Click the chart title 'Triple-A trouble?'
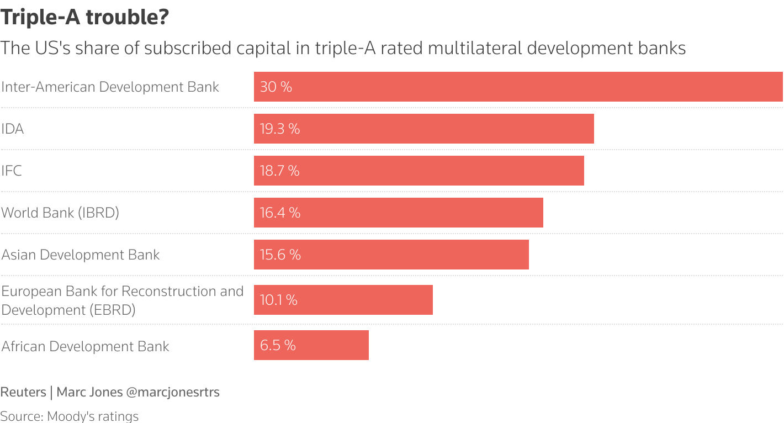click(84, 18)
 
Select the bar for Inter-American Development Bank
click(518, 87)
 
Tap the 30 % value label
click(276, 87)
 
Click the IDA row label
click(13, 129)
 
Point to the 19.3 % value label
click(279, 129)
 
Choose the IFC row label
click(12, 171)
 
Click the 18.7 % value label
click(279, 171)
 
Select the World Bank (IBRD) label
click(60, 213)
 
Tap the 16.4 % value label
click(280, 213)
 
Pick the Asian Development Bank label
click(81, 255)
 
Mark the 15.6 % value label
click(280, 255)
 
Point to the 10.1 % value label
click(278, 300)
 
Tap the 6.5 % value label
click(278, 345)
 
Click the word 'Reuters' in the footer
click(23, 392)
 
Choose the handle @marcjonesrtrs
click(173, 392)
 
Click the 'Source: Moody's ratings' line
click(70, 416)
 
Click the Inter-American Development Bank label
click(110, 87)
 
